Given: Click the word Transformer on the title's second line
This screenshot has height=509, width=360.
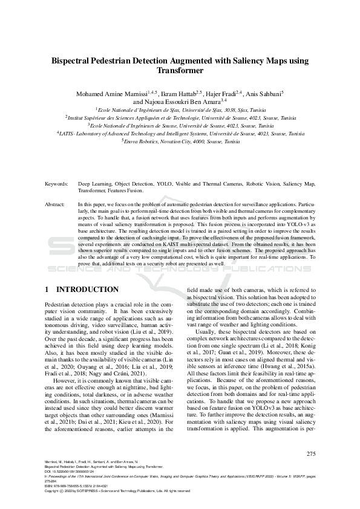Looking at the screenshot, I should coord(180,70).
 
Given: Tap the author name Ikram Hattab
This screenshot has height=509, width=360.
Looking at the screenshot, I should coord(180,95).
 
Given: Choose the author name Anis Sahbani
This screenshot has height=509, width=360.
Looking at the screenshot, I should coord(267,95).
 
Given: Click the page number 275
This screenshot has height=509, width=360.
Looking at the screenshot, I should coord(311,454).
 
